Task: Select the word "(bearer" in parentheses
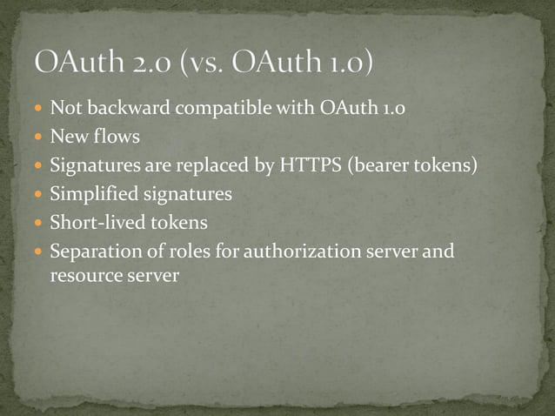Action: click(x=381, y=165)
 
